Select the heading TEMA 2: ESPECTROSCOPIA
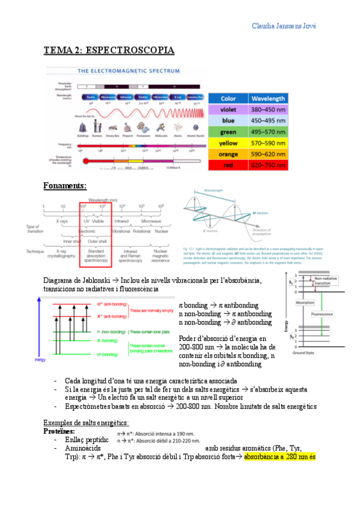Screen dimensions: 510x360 pyautogui.click(x=109, y=51)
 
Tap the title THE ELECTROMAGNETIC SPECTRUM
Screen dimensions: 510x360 pyautogui.click(x=129, y=70)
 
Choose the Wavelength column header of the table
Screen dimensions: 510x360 pyautogui.click(x=268, y=98)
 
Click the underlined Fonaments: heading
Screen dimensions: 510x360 pyautogui.click(x=66, y=185)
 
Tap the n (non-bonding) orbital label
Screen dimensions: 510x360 pyautogui.click(x=109, y=331)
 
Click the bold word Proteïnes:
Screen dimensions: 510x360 pyautogui.click(x=59, y=431)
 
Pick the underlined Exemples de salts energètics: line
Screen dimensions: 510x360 pyautogui.click(x=87, y=423)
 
